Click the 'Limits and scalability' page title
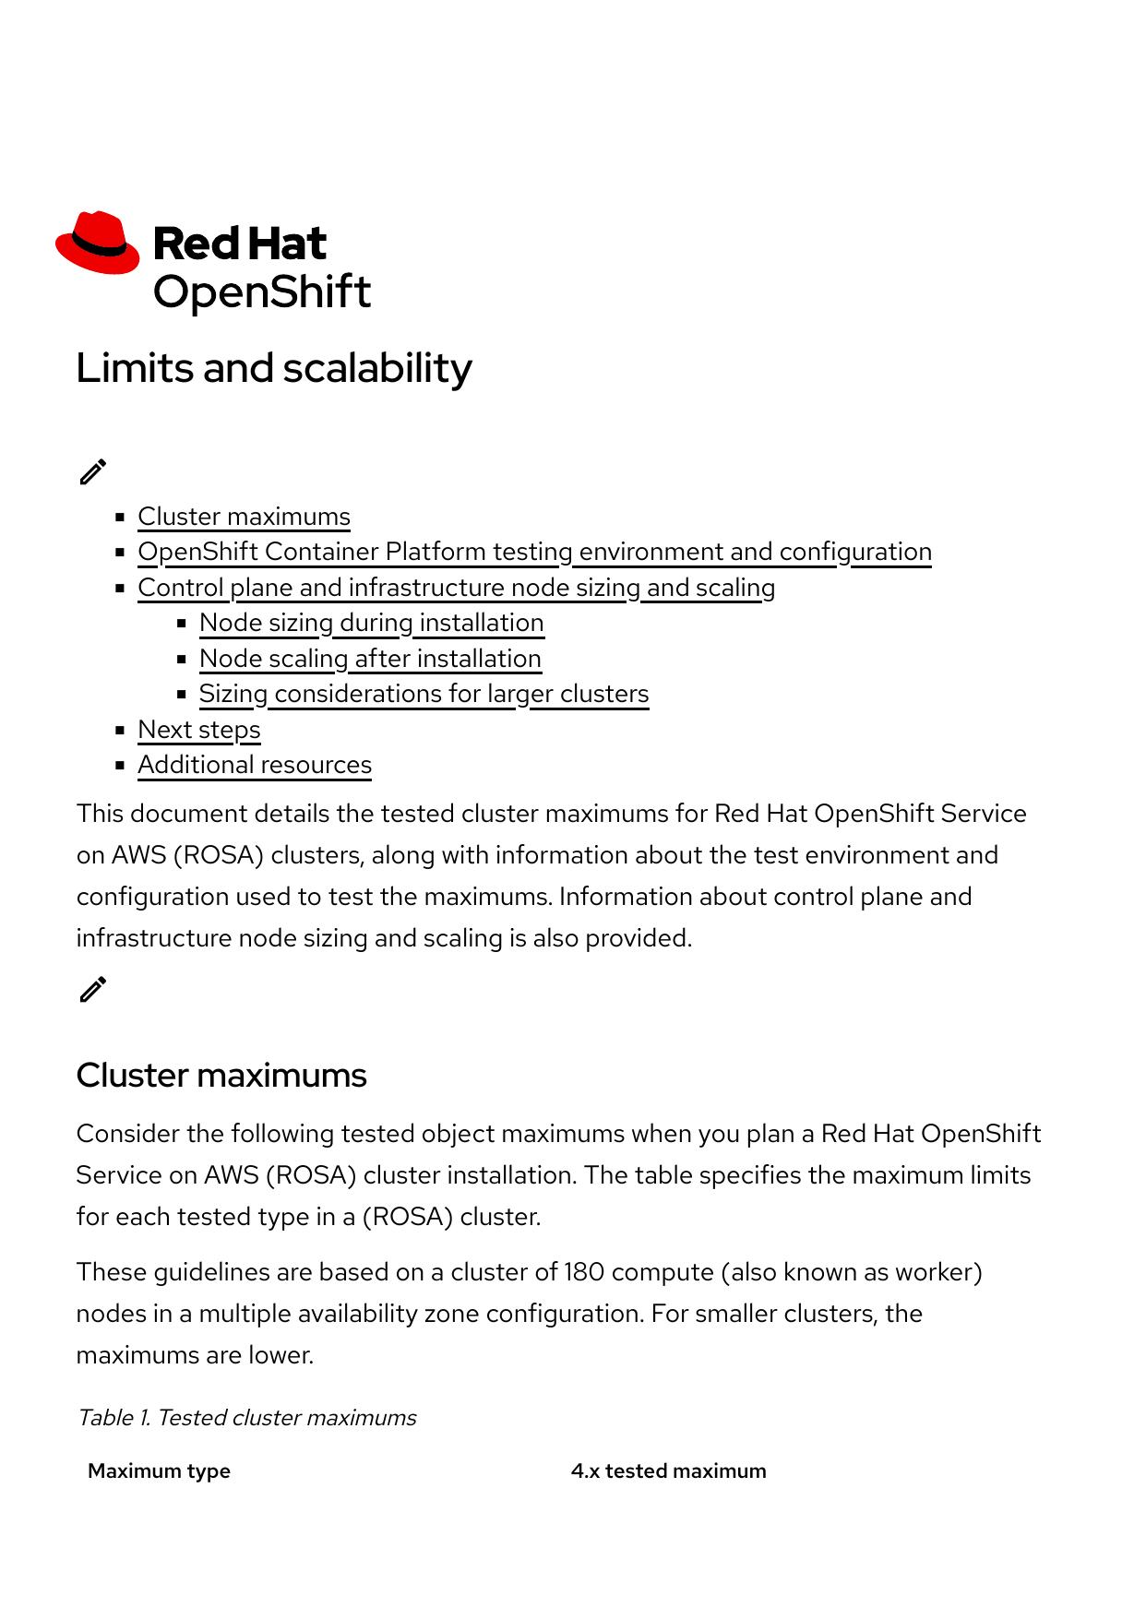(274, 368)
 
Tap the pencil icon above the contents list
(93, 471)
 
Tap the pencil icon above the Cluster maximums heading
(93, 989)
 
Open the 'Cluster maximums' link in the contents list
(244, 517)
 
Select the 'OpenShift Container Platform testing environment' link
(534, 552)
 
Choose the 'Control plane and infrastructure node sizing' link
(456, 588)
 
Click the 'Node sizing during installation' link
(371, 623)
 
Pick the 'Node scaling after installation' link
(370, 659)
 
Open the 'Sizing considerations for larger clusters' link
(424, 694)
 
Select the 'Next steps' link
(199, 730)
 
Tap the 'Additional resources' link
(255, 765)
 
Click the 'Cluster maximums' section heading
(221, 1076)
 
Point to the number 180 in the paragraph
(583, 1272)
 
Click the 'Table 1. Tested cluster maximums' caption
(246, 1418)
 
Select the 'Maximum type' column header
(159, 1471)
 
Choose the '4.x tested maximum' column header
(668, 1471)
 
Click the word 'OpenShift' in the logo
(262, 292)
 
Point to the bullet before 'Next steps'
(120, 730)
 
